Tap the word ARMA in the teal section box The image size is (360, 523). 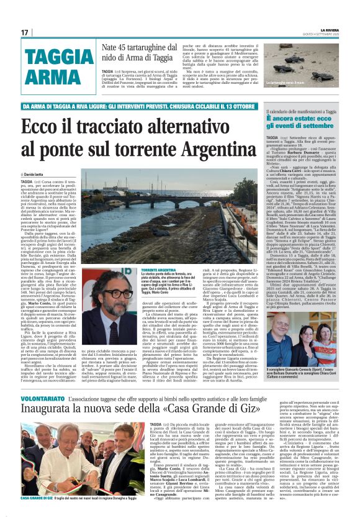click(49, 77)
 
